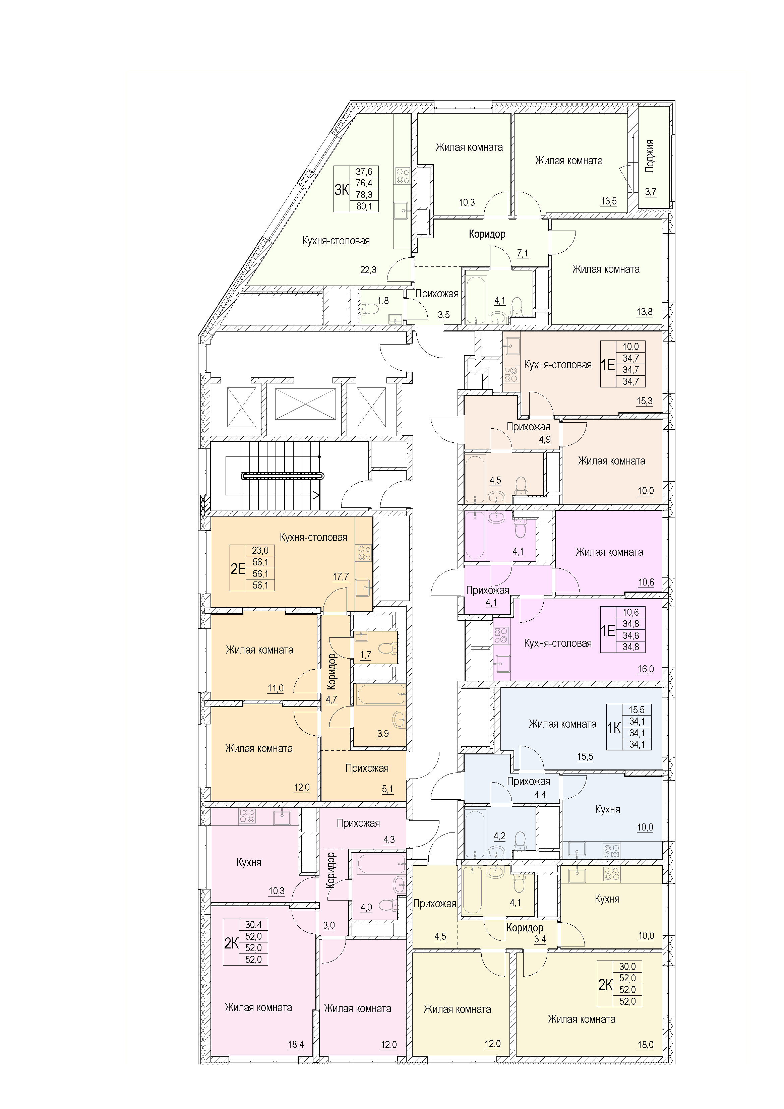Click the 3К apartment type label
click(x=342, y=190)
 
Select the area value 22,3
click(x=368, y=270)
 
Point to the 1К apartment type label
click(x=614, y=728)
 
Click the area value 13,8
click(x=645, y=312)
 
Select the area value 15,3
click(x=645, y=401)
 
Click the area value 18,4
click(x=296, y=1045)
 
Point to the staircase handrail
click(x=282, y=476)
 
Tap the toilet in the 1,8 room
click(x=363, y=308)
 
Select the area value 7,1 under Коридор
click(x=523, y=253)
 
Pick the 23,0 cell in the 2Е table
click(x=260, y=551)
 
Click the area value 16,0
click(x=646, y=669)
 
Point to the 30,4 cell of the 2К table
click(x=253, y=924)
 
